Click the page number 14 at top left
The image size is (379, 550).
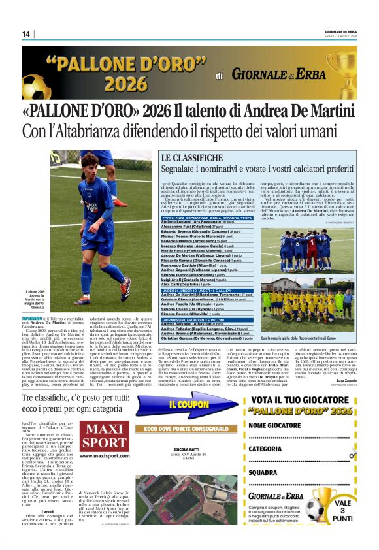pos(26,35)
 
